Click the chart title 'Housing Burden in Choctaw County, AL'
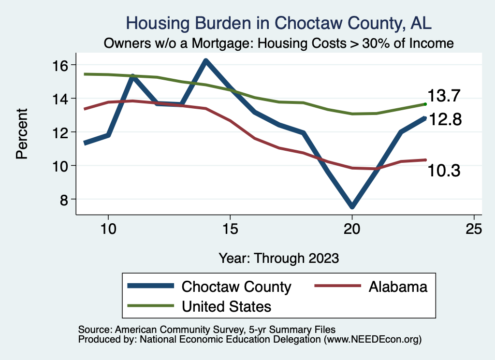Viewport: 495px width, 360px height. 278,23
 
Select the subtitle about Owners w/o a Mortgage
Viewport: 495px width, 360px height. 278,43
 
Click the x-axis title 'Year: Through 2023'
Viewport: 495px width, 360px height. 278,258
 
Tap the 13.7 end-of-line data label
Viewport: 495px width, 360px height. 443,96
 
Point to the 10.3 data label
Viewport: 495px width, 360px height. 443,170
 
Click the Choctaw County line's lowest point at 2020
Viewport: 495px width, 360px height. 352,207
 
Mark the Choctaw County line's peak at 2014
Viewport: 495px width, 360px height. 205,61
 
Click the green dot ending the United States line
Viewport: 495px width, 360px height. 425,104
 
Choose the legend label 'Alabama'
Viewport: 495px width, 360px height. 398,287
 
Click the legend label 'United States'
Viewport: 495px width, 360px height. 226,306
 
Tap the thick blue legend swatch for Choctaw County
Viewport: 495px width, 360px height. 150,287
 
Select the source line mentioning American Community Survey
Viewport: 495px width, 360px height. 204,329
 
